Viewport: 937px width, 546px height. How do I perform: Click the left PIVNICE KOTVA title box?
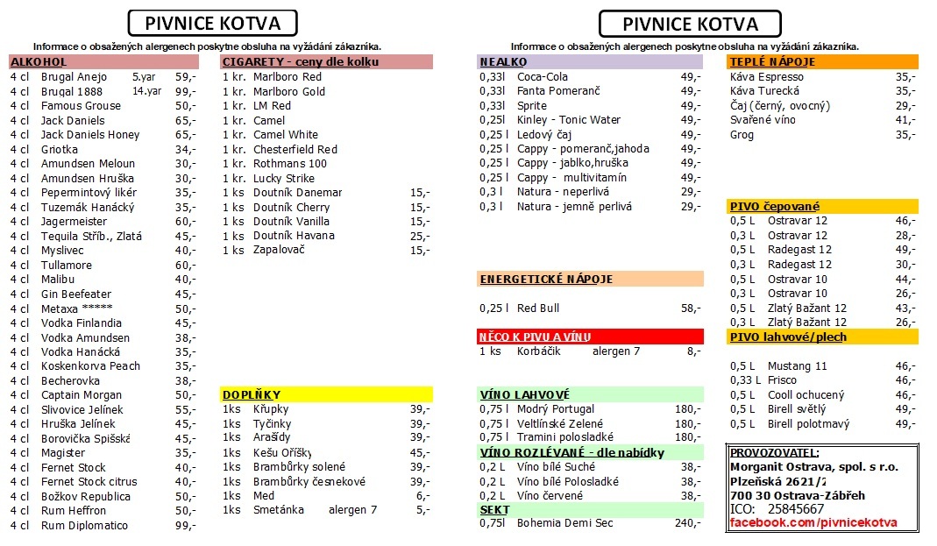pyautogui.click(x=212, y=23)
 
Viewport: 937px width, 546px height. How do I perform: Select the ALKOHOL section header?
pyautogui.click(x=39, y=62)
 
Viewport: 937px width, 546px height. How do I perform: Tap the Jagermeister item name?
pyautogui.click(x=74, y=222)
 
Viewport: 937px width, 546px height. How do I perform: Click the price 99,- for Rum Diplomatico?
pyautogui.click(x=185, y=526)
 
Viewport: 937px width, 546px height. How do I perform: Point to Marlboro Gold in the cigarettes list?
pyautogui.click(x=288, y=91)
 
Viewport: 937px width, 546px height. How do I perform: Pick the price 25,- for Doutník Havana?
pyautogui.click(x=420, y=236)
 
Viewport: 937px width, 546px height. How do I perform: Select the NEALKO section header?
pyautogui.click(x=503, y=62)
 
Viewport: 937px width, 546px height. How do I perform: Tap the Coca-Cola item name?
pyautogui.click(x=543, y=77)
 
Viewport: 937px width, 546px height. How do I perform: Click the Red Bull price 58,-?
pyautogui.click(x=691, y=308)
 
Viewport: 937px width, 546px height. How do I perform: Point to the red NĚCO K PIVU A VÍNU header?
pyautogui.click(x=535, y=337)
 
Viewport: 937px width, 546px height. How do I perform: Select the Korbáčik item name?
pyautogui.click(x=538, y=351)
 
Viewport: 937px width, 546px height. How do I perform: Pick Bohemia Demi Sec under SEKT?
pyautogui.click(x=565, y=523)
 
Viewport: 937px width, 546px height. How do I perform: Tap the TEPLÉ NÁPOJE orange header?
pyautogui.click(x=772, y=62)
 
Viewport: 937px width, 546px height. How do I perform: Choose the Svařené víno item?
pyautogui.click(x=763, y=120)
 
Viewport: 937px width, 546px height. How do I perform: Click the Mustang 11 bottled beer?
pyautogui.click(x=798, y=366)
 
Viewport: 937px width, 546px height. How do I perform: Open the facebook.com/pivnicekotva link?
pyautogui.click(x=813, y=523)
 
